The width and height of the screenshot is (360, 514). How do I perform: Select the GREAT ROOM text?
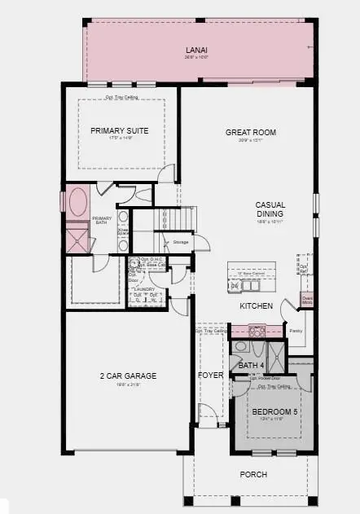point(250,132)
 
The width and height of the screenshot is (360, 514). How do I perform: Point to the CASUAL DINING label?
point(269,209)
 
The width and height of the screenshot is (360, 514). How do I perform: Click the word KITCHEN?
point(255,305)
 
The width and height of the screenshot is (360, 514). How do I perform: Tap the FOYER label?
point(210,375)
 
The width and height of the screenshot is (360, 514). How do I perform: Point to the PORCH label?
point(252,474)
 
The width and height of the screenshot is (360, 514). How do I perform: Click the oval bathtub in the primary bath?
point(80,200)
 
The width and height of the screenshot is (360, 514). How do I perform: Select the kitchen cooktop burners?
point(256,331)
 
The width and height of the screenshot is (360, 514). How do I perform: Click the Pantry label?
point(296,331)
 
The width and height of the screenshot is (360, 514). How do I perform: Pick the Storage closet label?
point(181,242)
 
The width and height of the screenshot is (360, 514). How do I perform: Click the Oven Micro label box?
point(306,299)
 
